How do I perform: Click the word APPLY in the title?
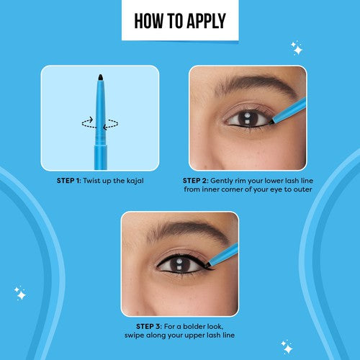pos(206,21)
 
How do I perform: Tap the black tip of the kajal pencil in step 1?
pos(101,77)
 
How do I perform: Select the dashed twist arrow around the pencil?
pos(100,123)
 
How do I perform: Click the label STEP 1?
pos(69,181)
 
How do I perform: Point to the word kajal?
pos(135,181)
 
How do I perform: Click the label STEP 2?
pos(196,181)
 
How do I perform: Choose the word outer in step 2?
pos(303,189)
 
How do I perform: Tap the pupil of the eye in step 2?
pos(247,118)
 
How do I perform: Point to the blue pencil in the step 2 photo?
pos(289,111)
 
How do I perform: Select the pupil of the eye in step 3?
pos(179,264)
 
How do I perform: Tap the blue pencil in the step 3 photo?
pos(222,255)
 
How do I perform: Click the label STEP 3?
pos(149,326)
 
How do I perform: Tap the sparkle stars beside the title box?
pos(297,48)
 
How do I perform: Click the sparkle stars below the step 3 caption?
pos(287,347)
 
